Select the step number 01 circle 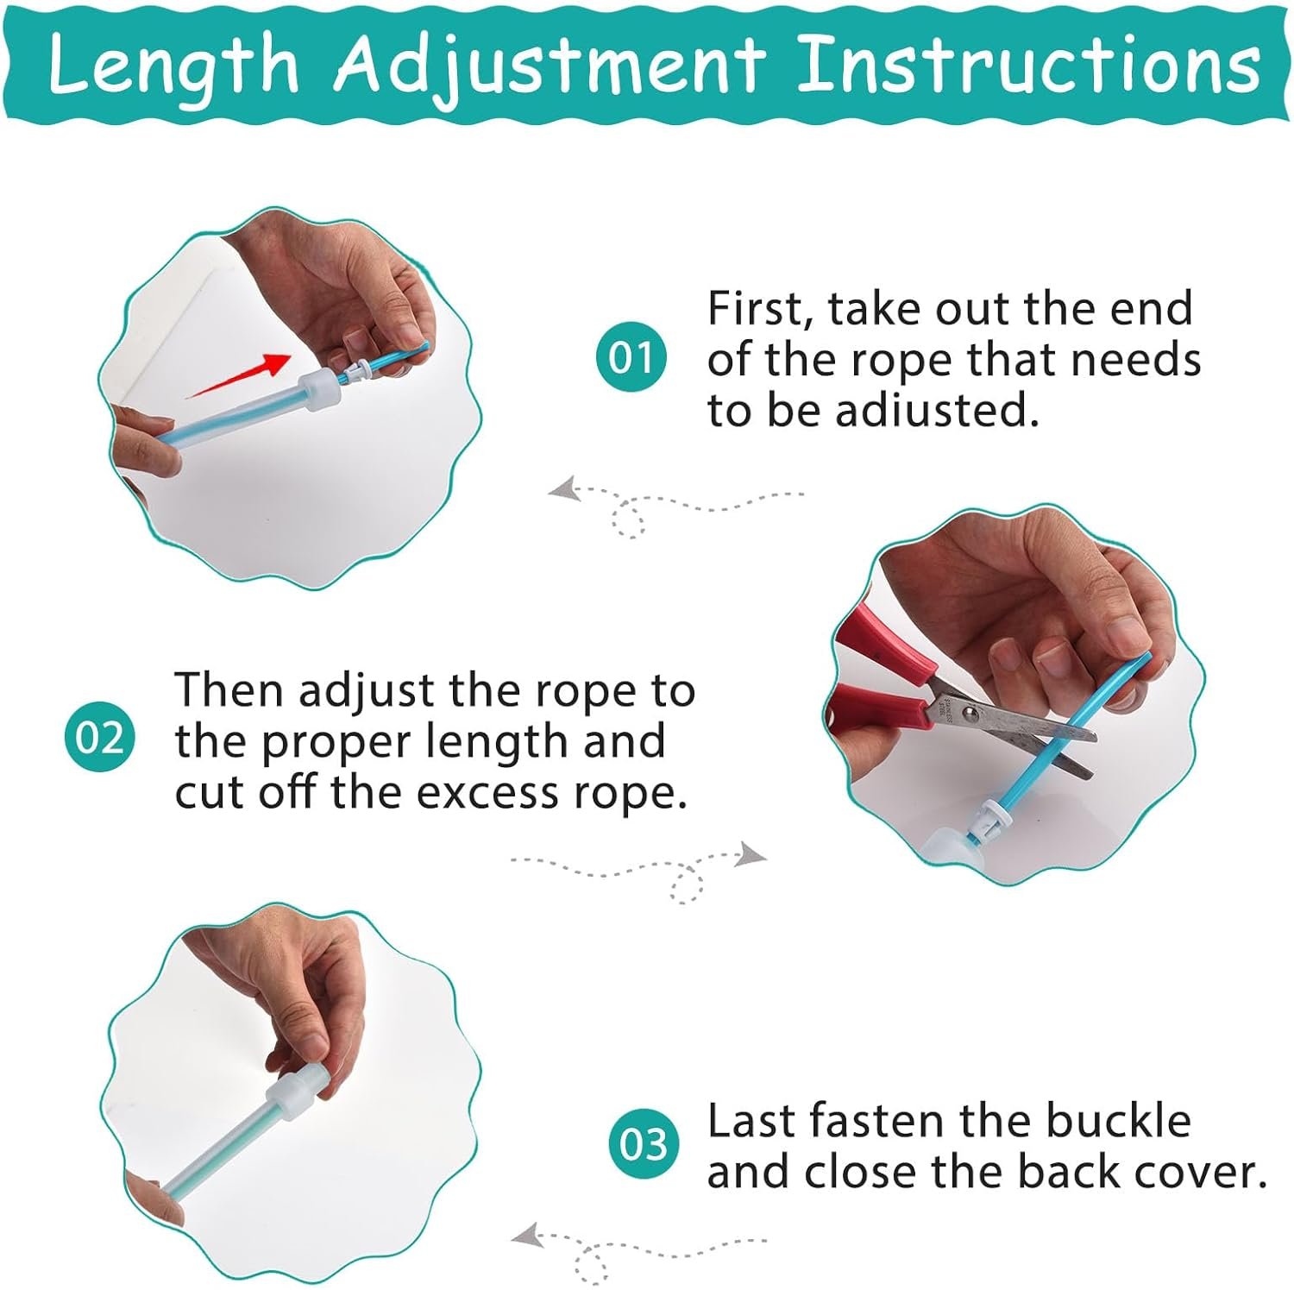(x=631, y=357)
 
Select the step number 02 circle (x=100, y=737)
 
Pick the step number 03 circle (x=644, y=1144)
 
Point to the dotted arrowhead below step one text (x=564, y=490)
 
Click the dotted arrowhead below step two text (x=751, y=855)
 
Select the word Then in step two (x=228, y=691)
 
